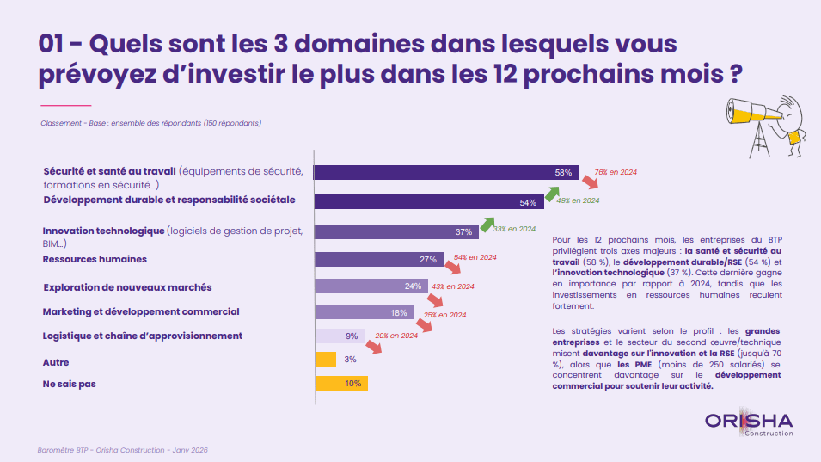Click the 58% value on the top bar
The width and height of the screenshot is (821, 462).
pos(563,172)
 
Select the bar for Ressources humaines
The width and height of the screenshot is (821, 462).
pos(379,259)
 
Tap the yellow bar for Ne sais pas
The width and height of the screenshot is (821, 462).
pos(341,384)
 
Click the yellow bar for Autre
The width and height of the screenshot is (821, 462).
pos(326,359)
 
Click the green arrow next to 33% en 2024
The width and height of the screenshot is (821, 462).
pos(488,223)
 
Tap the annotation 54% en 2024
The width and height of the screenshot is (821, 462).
pos(475,257)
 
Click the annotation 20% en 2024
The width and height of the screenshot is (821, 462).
pos(396,336)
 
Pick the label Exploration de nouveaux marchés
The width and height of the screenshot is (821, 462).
pos(127,286)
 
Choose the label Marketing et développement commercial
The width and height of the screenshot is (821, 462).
pos(141,311)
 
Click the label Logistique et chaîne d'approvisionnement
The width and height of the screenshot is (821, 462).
pos(143,336)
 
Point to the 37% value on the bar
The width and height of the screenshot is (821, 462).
pos(464,232)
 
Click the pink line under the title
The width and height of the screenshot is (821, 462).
pos(65,105)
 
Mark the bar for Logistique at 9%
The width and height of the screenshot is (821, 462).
pos(340,336)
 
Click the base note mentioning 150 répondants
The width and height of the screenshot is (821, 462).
pos(150,123)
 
